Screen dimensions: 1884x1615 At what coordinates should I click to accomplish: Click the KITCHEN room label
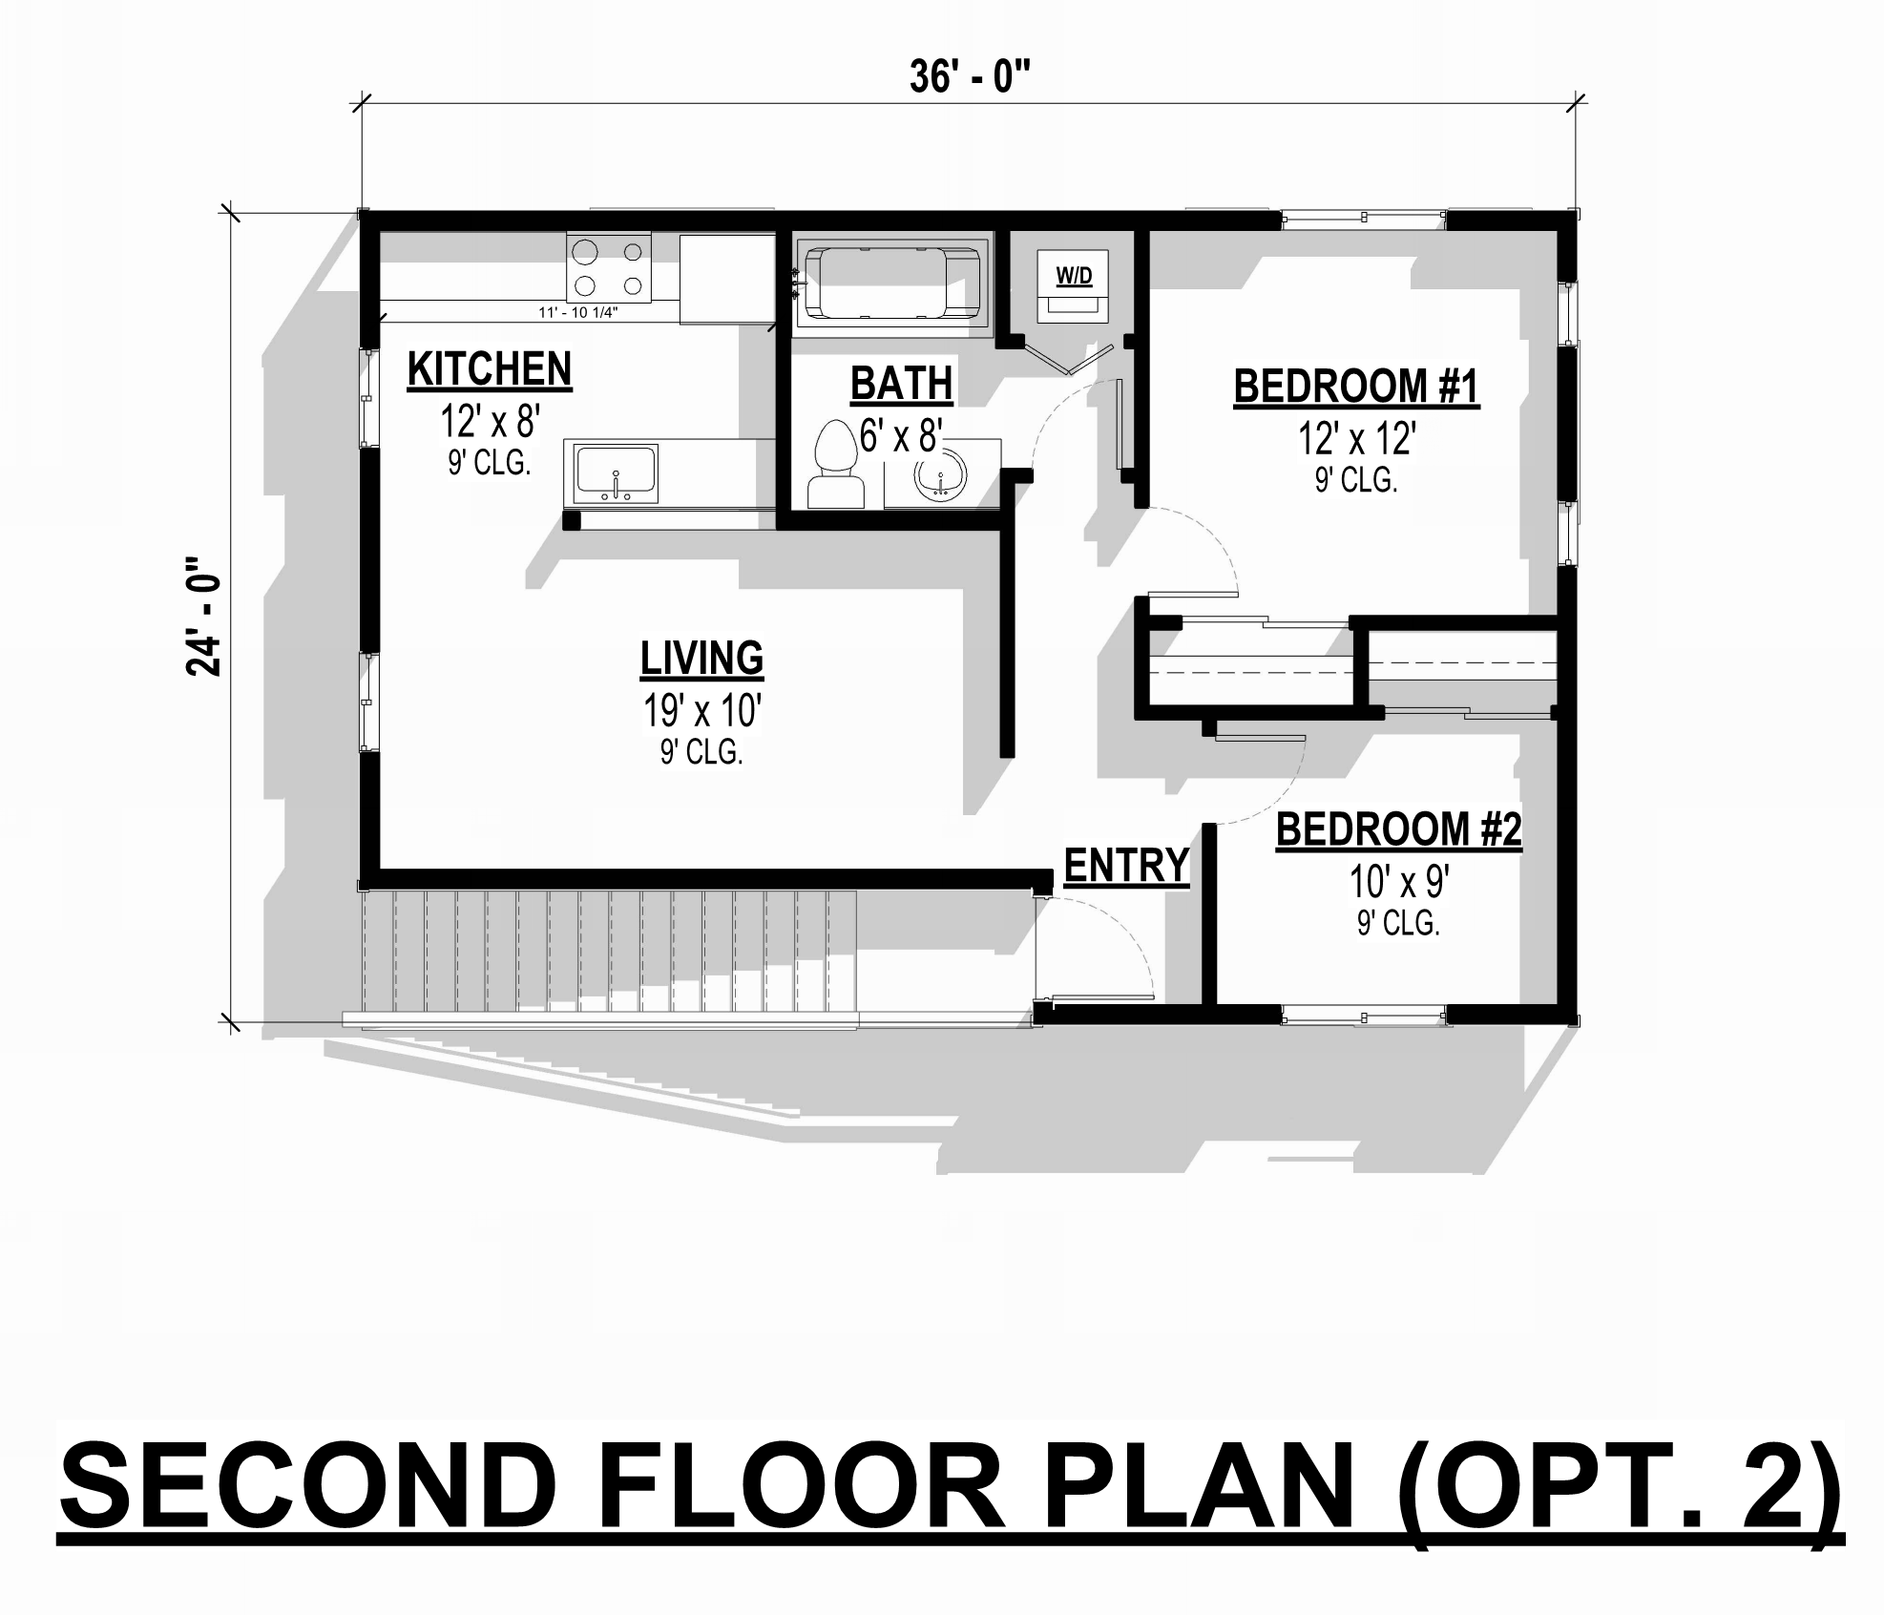[x=490, y=369]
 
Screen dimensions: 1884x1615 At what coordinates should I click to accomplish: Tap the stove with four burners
[x=608, y=268]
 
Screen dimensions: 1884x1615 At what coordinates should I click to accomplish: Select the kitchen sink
[x=616, y=473]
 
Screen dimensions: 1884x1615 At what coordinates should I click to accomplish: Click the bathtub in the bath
[x=892, y=284]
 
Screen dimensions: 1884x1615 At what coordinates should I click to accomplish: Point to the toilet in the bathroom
[x=835, y=464]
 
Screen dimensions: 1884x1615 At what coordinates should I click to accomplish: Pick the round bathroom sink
[x=940, y=474]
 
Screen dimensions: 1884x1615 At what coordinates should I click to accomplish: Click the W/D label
[x=1074, y=277]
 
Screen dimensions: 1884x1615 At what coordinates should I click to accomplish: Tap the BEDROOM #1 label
[x=1356, y=387]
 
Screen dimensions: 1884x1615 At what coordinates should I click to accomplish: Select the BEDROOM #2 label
[x=1398, y=828]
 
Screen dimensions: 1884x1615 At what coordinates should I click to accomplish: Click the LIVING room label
[x=701, y=659]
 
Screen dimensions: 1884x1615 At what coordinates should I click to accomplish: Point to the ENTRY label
[x=1126, y=866]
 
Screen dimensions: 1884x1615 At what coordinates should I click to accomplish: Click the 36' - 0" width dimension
[x=970, y=77]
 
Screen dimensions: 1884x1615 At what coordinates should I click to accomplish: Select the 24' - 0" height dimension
[x=203, y=617]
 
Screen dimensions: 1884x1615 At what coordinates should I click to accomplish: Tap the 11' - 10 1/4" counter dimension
[x=578, y=312]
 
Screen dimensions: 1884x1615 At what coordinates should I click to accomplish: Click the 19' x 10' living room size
[x=701, y=711]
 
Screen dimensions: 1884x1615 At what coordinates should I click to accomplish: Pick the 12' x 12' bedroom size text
[x=1356, y=439]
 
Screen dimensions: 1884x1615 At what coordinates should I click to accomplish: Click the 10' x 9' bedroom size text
[x=1398, y=882]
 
